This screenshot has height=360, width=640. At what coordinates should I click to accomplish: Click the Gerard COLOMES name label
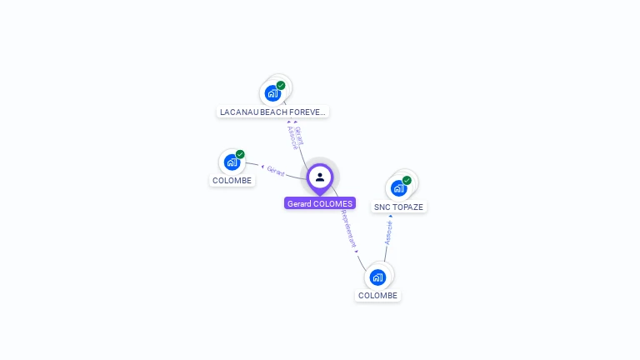(x=320, y=203)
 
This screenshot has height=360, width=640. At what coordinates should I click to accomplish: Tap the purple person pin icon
(x=320, y=177)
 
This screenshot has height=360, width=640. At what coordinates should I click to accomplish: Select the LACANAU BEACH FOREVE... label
(x=272, y=112)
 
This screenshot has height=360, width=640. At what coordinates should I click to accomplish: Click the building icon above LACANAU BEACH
(x=272, y=93)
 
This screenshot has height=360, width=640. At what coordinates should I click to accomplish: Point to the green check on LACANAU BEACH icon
(x=281, y=85)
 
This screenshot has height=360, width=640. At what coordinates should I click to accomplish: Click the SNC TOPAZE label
(x=398, y=207)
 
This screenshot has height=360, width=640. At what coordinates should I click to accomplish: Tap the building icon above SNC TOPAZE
(x=398, y=188)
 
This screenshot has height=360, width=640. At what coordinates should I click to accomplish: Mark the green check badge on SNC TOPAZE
(x=407, y=180)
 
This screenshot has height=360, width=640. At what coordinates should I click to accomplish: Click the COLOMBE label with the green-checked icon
(x=232, y=180)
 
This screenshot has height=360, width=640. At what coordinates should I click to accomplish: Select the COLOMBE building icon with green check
(x=231, y=162)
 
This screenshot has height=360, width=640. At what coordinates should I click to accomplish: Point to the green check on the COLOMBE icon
(x=240, y=154)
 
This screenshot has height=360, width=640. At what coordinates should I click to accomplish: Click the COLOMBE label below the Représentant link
(x=377, y=295)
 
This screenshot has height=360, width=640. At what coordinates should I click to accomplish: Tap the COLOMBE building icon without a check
(x=377, y=277)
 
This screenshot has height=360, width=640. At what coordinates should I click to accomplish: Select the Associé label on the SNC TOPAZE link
(x=388, y=232)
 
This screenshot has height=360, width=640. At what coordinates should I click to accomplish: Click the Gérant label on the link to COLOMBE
(x=276, y=171)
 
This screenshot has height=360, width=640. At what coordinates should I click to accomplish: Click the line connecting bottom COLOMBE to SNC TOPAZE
(x=386, y=250)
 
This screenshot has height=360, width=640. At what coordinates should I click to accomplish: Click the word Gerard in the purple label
(x=298, y=203)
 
